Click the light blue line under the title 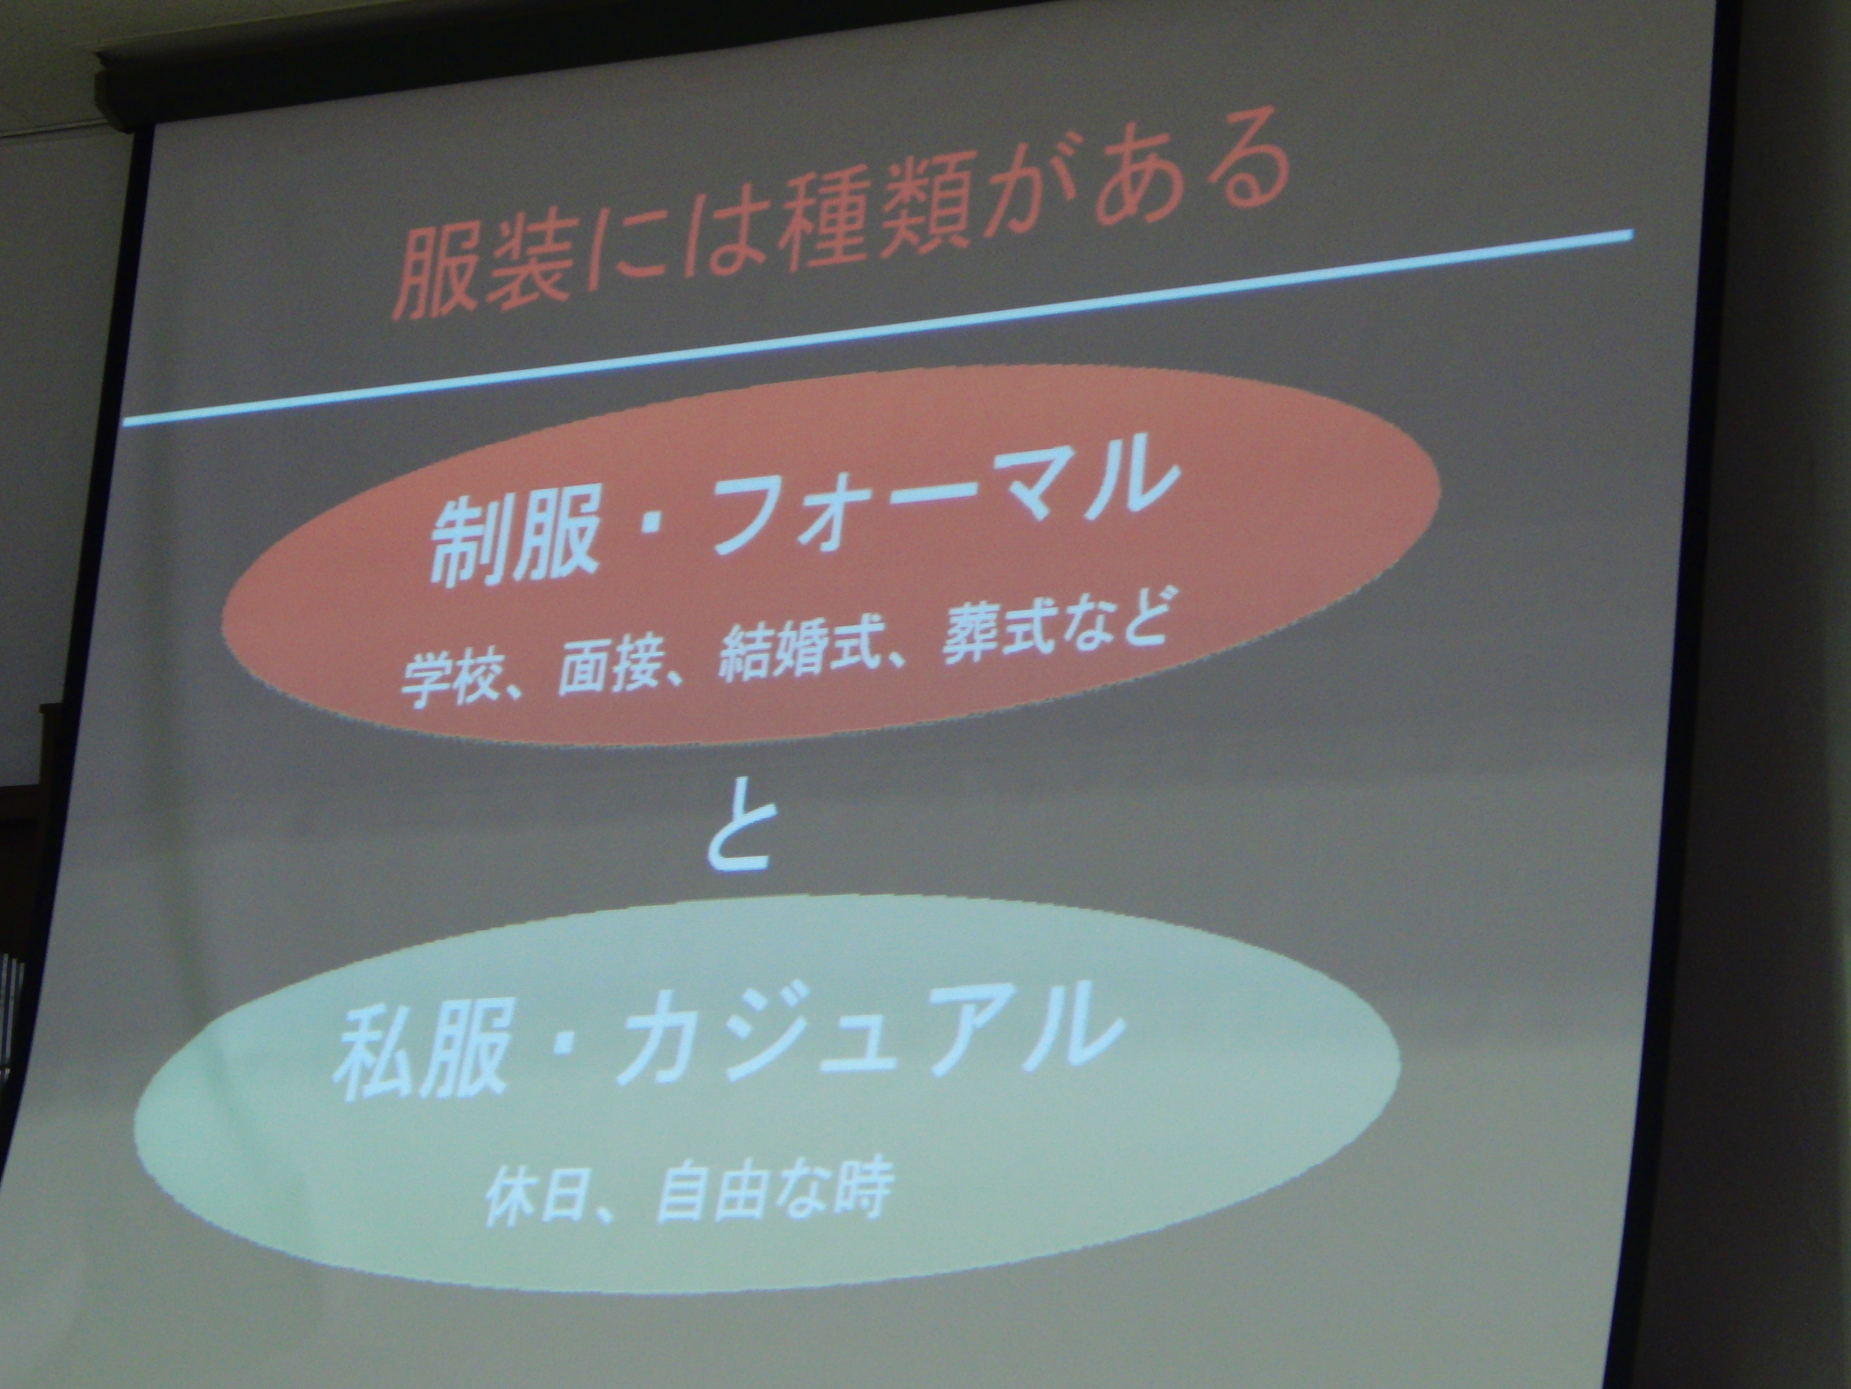pos(879,326)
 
